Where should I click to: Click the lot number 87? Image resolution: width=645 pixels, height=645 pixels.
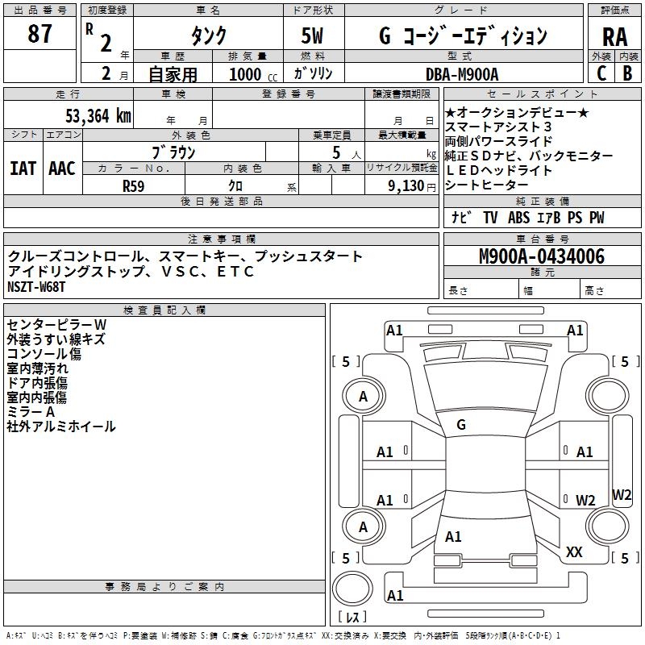click(x=40, y=35)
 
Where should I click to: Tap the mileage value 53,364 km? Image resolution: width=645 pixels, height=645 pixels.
click(x=98, y=115)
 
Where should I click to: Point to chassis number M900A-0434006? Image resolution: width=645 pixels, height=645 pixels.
click(x=541, y=257)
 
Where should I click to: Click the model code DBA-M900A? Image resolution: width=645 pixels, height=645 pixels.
click(x=462, y=73)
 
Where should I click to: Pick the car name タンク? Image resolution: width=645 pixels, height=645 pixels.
click(x=208, y=36)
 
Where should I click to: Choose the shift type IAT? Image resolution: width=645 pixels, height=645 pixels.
click(x=23, y=169)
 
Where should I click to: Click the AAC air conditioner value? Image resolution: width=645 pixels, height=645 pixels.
click(x=62, y=169)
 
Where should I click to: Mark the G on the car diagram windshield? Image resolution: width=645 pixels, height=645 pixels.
click(x=461, y=425)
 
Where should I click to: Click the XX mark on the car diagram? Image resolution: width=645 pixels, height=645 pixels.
click(x=574, y=552)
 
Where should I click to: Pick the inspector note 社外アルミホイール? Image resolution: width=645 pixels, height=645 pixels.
click(x=61, y=427)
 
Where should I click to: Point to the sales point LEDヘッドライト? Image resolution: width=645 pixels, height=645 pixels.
click(x=498, y=170)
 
